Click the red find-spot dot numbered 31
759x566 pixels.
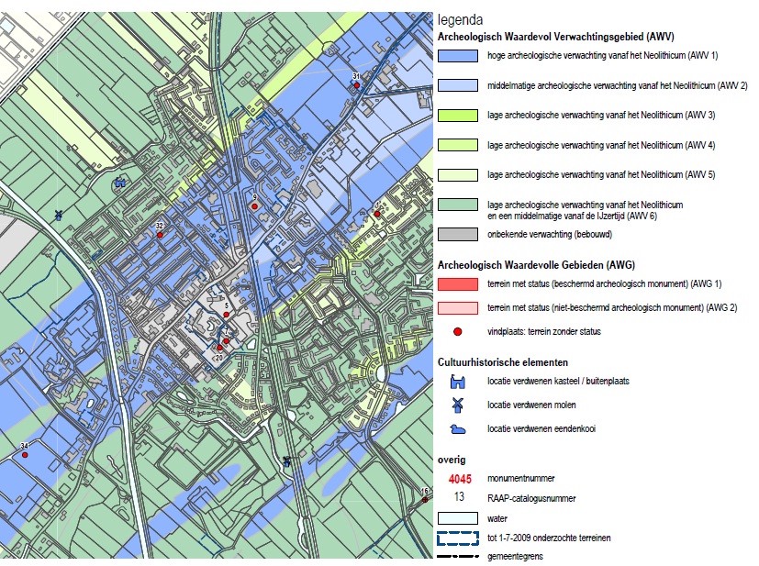(356, 84)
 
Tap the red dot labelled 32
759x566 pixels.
(160, 235)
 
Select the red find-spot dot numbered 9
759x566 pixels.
(254, 206)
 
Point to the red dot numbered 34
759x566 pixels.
(25, 455)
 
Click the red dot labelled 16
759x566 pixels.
(423, 500)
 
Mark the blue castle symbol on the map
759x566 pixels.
(119, 182)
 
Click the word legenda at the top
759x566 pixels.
(463, 19)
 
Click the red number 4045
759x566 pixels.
(459, 479)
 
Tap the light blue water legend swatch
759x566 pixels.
(458, 518)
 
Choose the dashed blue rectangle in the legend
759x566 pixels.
(458, 538)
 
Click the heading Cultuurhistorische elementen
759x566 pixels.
(503, 361)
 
